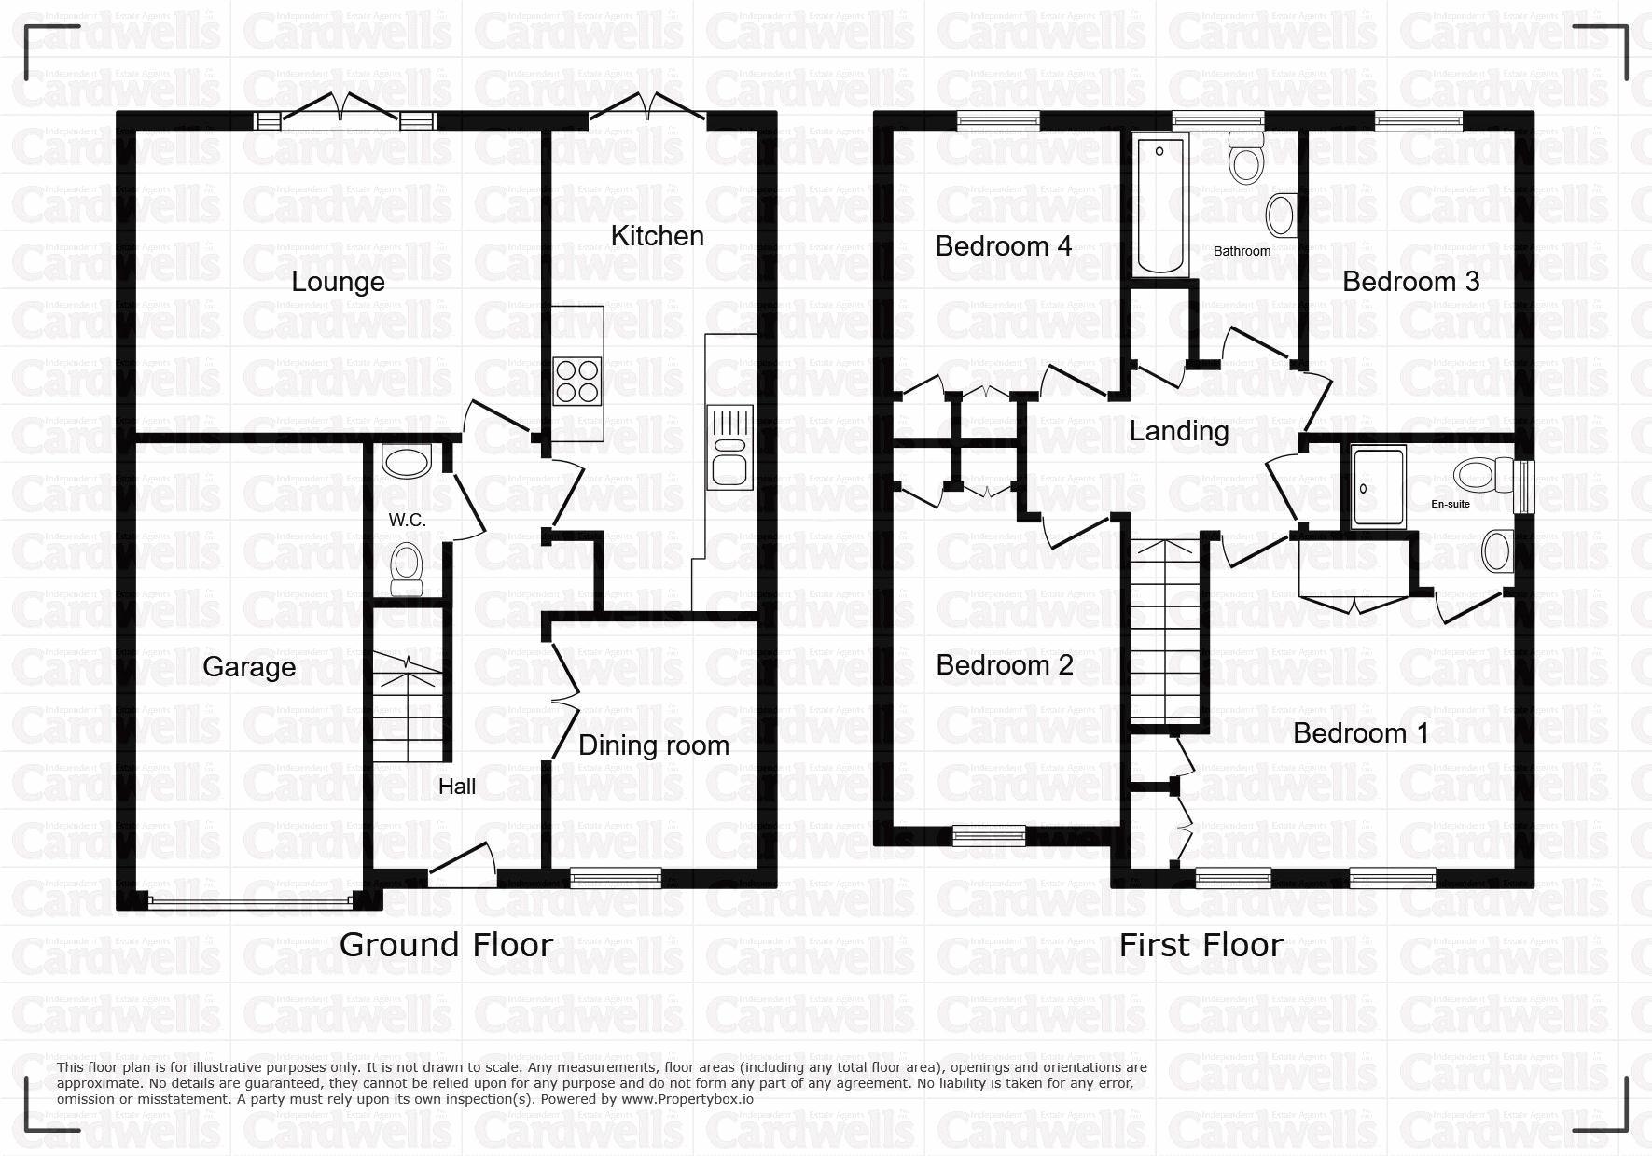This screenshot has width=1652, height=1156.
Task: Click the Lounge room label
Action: (338, 282)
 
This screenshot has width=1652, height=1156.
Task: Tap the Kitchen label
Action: (657, 236)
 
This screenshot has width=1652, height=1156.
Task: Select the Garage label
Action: (249, 667)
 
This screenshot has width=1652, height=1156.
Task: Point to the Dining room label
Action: (654, 745)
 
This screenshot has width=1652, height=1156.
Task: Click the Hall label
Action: (457, 787)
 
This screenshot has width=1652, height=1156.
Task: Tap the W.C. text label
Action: (408, 521)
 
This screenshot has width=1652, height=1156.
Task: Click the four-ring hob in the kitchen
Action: (577, 382)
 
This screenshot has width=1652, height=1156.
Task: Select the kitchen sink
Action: (729, 448)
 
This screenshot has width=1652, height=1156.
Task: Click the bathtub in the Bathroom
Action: (1160, 206)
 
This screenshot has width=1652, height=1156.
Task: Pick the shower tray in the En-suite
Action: (1379, 487)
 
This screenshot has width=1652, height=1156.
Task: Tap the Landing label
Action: (1179, 431)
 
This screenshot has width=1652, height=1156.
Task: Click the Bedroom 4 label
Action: (1004, 246)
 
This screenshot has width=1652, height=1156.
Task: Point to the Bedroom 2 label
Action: (1005, 665)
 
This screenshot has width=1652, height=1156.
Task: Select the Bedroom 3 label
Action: (1410, 282)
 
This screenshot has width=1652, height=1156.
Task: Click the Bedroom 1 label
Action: (1361, 733)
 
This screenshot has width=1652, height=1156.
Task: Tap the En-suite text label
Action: (1451, 505)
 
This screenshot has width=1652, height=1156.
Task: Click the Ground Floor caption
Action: (446, 945)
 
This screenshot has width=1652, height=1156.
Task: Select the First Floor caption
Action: (1201, 945)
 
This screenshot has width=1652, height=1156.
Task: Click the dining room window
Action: (616, 877)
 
